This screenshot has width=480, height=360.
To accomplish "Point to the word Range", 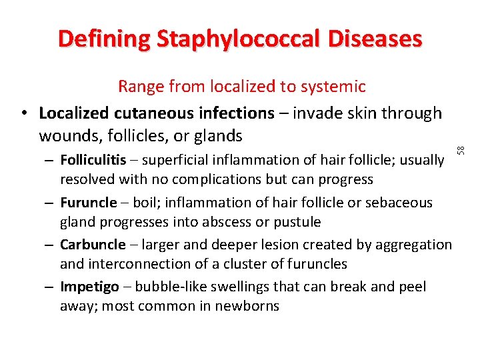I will coord(141,87).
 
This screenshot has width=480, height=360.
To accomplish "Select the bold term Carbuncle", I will coord(93,245).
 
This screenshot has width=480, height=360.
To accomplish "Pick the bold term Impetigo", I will coord(89,287).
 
